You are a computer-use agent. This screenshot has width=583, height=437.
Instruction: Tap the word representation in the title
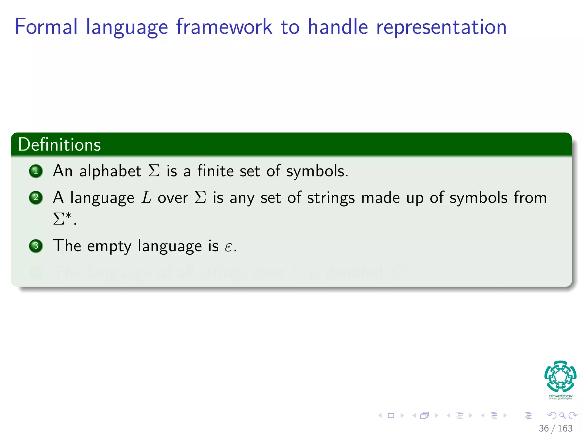point(441,27)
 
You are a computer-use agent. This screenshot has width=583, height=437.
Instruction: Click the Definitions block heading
point(59,145)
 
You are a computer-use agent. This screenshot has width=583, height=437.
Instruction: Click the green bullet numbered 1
point(36,171)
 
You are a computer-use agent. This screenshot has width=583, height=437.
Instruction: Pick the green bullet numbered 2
point(36,197)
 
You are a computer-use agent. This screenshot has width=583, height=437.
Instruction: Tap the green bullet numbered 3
point(36,246)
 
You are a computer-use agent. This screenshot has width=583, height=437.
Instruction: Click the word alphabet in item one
point(110,171)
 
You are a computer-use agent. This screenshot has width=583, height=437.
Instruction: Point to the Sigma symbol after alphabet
point(154,171)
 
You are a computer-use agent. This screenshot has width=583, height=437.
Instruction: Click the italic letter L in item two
point(146,197)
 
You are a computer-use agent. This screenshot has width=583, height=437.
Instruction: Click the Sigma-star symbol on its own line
point(62,218)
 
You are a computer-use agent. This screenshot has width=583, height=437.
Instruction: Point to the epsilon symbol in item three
point(228,247)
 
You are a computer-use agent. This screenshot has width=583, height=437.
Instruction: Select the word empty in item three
point(109,246)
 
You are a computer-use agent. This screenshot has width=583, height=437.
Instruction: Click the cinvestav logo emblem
point(560,376)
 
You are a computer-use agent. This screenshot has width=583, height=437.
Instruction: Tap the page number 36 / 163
point(555,428)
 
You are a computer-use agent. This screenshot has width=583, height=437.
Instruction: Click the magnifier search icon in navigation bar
point(562,415)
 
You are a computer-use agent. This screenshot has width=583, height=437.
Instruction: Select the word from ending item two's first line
point(530,197)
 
